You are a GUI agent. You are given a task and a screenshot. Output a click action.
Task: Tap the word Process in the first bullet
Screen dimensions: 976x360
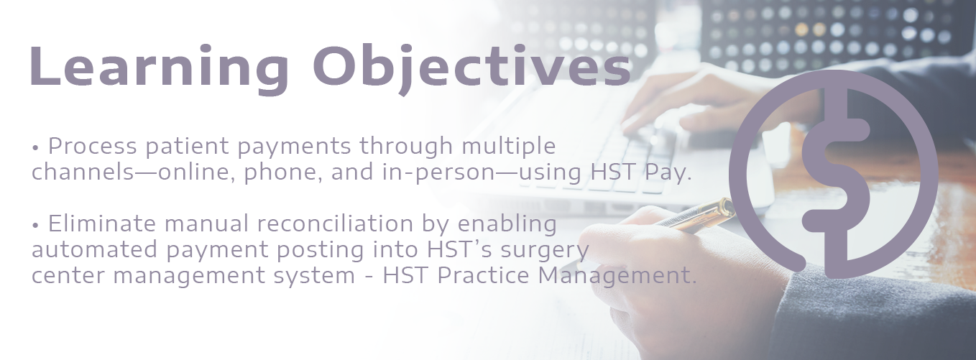(x=93, y=146)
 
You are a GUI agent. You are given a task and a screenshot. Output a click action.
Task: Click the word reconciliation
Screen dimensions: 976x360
(x=335, y=223)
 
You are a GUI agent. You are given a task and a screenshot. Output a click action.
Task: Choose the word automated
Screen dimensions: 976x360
(x=95, y=250)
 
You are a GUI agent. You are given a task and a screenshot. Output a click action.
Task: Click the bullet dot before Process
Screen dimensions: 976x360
(x=36, y=149)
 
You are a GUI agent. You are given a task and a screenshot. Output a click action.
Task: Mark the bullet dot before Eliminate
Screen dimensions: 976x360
(x=36, y=226)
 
